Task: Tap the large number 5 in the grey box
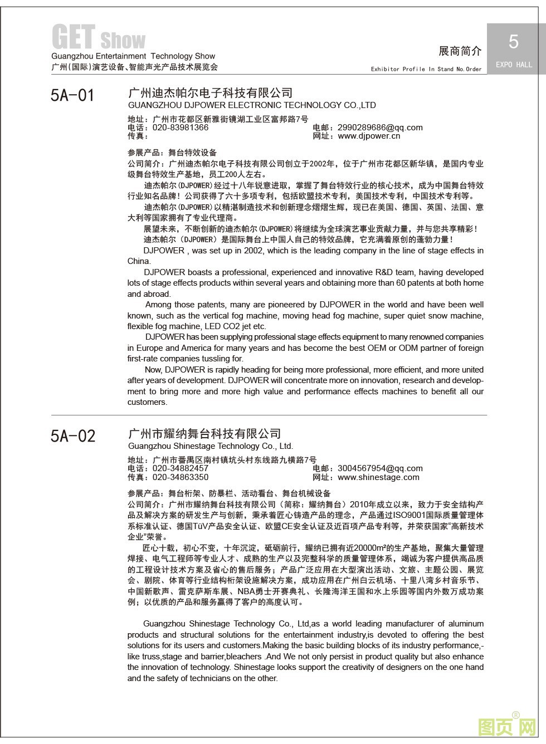pos(513,42)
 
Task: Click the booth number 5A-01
pos(72,95)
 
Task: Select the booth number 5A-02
pos(73,435)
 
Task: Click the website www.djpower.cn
pos(369,136)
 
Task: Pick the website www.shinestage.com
pos(378,477)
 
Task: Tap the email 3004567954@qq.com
pos(380,468)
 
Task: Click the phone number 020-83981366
pos(181,128)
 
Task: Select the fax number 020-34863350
pos(181,477)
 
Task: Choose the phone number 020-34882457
pos(181,468)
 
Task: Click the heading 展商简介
pos(460,51)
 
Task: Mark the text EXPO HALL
pos(513,65)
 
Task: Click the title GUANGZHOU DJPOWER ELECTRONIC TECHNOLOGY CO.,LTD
pos(252,105)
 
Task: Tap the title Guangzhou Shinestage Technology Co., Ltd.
pos(211,446)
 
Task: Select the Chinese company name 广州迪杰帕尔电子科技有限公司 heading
pos(210,92)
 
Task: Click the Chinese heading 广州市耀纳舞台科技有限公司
pos(204,433)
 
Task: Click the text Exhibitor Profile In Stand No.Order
pos(426,70)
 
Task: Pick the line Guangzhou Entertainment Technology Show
pos(133,56)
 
